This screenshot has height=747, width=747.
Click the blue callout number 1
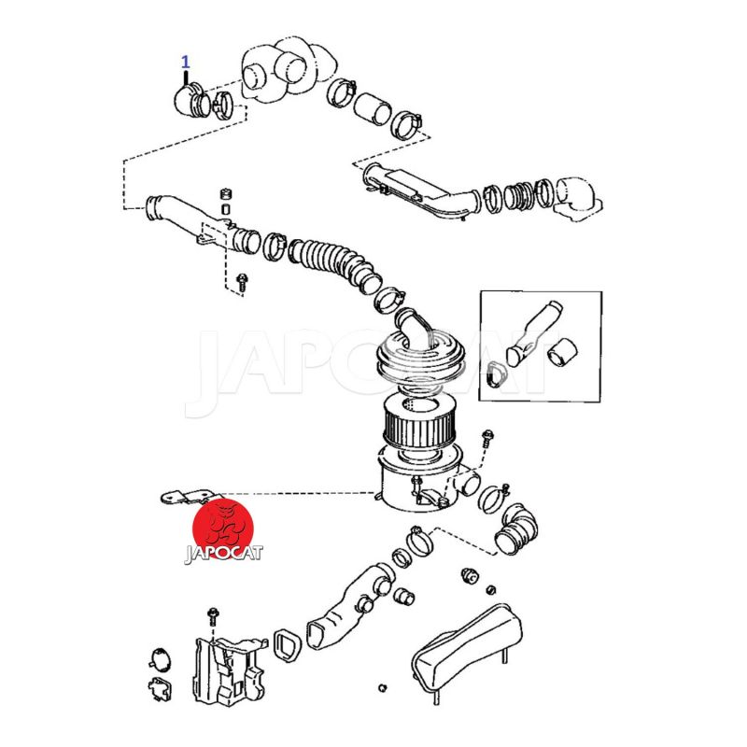pyautogui.click(x=185, y=62)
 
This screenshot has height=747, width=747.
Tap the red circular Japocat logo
pyautogui.click(x=223, y=529)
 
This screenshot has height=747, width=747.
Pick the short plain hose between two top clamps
pyautogui.click(x=373, y=109)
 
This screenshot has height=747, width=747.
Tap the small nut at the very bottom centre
pyautogui.click(x=382, y=688)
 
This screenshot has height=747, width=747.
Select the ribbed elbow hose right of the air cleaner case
pyautogui.click(x=516, y=528)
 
